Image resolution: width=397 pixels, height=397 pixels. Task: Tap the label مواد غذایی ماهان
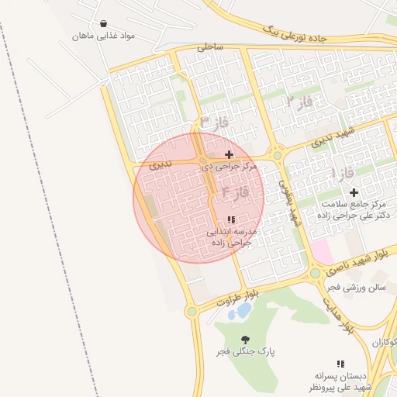click(x=105, y=36)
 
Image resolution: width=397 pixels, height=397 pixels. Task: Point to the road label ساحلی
click(x=209, y=47)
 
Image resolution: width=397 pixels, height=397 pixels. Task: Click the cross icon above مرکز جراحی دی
click(x=229, y=155)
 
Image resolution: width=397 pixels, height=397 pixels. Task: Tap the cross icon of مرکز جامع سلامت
click(x=354, y=192)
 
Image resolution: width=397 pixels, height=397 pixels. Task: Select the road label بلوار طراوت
click(x=237, y=297)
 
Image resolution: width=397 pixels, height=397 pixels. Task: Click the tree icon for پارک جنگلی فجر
click(x=246, y=340)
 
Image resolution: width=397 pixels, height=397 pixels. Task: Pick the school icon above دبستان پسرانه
click(x=340, y=364)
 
